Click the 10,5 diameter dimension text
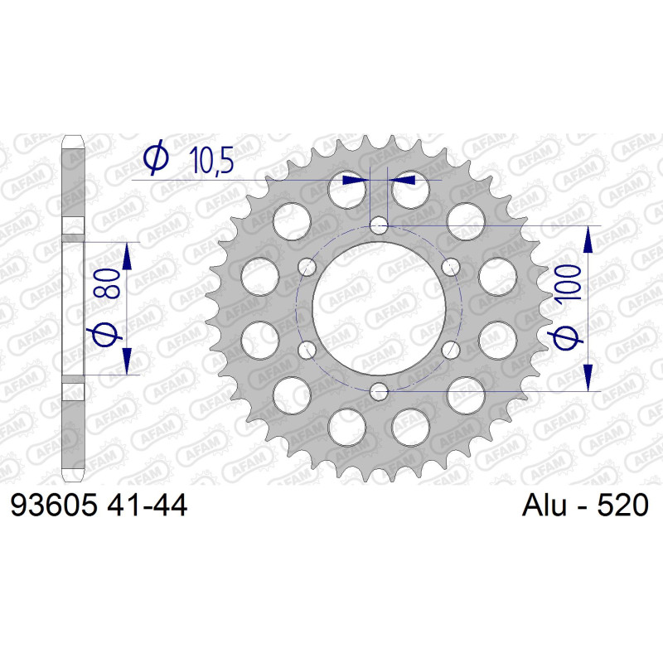tap(211, 161)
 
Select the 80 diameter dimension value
tap(108, 283)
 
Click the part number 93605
tap(54, 505)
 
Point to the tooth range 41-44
tap(147, 505)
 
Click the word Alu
tap(544, 505)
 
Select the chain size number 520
tap(622, 505)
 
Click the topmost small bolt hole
tap(379, 225)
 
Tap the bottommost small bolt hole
tap(379, 391)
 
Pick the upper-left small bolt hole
tap(307, 267)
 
